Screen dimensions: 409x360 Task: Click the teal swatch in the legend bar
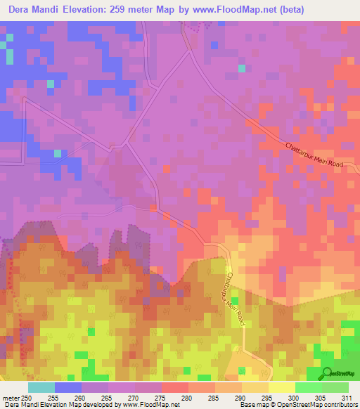tap(41, 387)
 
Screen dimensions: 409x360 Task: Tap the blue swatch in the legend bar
tap(68, 387)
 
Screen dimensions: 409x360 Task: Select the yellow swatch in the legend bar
tap(282, 387)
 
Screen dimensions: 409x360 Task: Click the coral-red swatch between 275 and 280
tap(175, 387)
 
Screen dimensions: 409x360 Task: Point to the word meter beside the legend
tap(10, 397)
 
